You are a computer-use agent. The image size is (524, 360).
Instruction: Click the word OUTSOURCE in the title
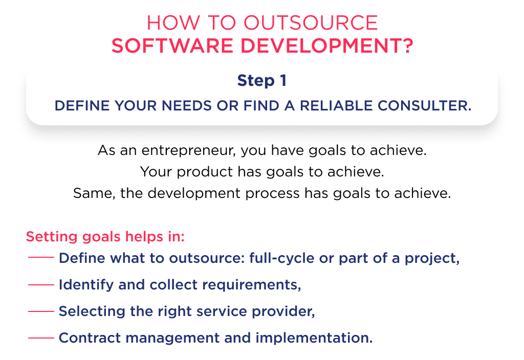coord(311,23)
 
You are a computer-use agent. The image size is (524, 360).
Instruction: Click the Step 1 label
coord(261,81)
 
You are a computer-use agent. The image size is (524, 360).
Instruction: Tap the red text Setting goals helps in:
coord(105,237)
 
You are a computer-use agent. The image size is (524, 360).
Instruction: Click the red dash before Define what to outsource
coord(41,258)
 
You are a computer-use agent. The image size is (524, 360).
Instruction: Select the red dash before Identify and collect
coord(41,285)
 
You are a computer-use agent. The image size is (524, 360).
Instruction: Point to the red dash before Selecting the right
coord(41,311)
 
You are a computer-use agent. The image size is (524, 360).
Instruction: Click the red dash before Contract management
coord(41,338)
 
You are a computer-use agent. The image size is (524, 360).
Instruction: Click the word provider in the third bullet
coord(288,311)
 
